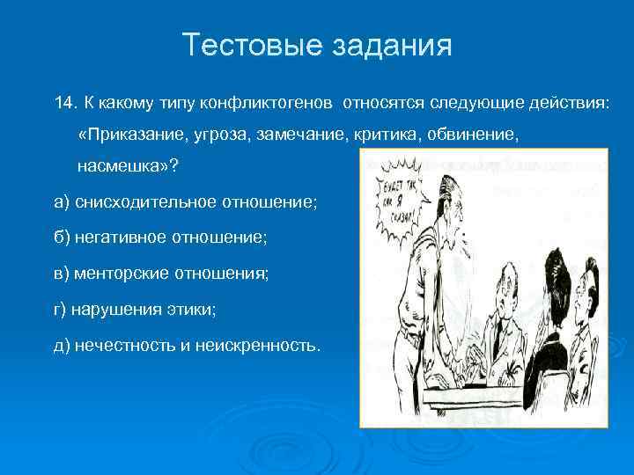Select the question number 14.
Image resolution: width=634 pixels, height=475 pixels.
[x=65, y=104]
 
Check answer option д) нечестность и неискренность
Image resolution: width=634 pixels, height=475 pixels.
[x=188, y=346]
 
